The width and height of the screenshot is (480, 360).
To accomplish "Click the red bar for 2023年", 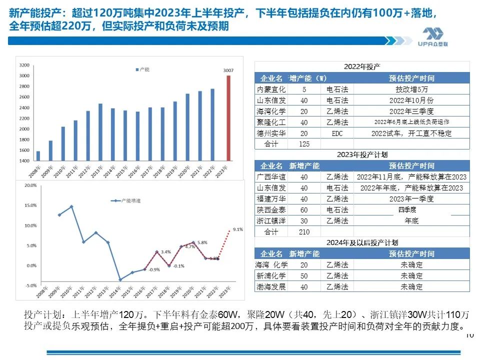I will click(x=228, y=118).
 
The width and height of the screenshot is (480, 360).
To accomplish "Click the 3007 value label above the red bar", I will click(x=228, y=71).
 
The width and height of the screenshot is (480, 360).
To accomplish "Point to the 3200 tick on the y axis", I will click(x=23, y=65).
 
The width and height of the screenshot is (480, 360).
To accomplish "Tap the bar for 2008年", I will click(x=38, y=156).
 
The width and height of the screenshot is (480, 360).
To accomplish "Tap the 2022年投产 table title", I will click(x=362, y=66).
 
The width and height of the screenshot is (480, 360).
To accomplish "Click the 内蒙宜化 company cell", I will click(x=271, y=89).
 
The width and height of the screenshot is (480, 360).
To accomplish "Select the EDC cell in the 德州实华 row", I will click(x=337, y=133).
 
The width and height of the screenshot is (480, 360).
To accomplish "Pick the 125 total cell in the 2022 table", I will click(x=304, y=144).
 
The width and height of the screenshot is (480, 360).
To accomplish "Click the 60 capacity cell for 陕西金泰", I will click(x=304, y=210).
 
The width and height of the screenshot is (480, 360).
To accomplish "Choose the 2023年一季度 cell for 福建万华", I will click(x=411, y=199).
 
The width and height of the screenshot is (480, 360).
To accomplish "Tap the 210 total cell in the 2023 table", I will click(x=304, y=232).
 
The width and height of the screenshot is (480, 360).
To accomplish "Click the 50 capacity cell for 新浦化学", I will click(x=304, y=276).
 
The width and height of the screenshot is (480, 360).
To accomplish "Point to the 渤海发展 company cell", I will click(x=271, y=287).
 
